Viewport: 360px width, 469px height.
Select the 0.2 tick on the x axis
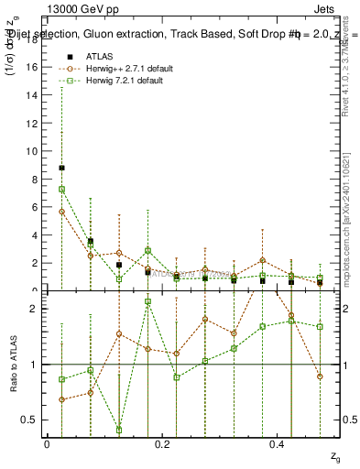tap(161, 444)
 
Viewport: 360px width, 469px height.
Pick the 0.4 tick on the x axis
tap(277, 444)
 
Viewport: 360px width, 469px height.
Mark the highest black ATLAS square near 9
tap(61, 168)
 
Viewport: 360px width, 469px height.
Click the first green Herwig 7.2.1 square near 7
tap(61, 190)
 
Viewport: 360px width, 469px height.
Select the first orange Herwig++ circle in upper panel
tap(61, 211)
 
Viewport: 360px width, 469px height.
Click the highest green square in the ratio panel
tap(147, 301)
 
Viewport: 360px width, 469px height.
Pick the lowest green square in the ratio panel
tap(119, 430)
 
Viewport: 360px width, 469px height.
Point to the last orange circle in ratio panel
tap(320, 376)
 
